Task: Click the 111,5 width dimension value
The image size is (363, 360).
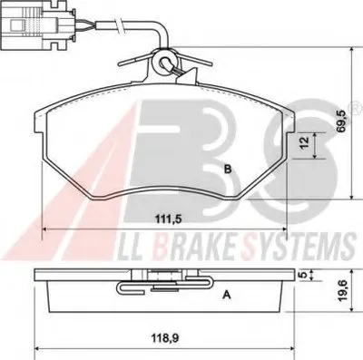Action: point(168,219)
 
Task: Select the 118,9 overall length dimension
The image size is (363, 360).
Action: point(166,337)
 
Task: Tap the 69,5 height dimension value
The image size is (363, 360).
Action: point(341,121)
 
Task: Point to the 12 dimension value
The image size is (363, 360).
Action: point(305,142)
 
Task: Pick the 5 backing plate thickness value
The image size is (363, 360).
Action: point(304,275)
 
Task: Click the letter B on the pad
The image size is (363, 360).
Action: point(228,170)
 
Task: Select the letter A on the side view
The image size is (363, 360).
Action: point(227,295)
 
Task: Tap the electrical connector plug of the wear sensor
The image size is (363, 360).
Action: point(37,25)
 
